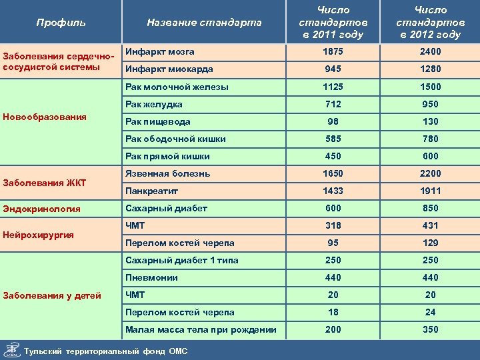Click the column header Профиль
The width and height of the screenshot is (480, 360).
[x=61, y=23]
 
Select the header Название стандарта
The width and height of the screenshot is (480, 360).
[x=204, y=23]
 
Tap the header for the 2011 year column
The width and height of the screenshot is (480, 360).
[x=333, y=23]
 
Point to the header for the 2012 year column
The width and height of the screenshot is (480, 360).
[x=430, y=23]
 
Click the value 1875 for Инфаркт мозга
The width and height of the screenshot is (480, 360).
[x=333, y=52]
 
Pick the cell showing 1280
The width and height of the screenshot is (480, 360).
[x=430, y=69]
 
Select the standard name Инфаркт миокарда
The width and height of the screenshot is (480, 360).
[x=169, y=69]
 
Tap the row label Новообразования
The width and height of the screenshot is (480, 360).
[x=45, y=117]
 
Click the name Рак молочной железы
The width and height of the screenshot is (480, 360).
[x=177, y=87]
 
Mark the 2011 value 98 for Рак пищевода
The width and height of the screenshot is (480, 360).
[x=333, y=121]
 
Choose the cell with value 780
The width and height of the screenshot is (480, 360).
[x=430, y=139]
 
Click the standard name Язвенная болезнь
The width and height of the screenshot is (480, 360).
[x=168, y=173]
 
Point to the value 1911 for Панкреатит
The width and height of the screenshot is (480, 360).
[x=430, y=191]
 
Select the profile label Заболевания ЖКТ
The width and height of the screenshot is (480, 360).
[x=44, y=183]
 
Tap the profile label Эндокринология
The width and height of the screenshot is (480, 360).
[x=42, y=209]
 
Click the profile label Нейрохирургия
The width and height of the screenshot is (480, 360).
[x=38, y=235]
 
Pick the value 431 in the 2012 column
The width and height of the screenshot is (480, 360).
[x=430, y=225]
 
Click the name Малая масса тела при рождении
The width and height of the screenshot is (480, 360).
[x=201, y=329]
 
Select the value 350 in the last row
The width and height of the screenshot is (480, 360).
[x=430, y=329]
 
